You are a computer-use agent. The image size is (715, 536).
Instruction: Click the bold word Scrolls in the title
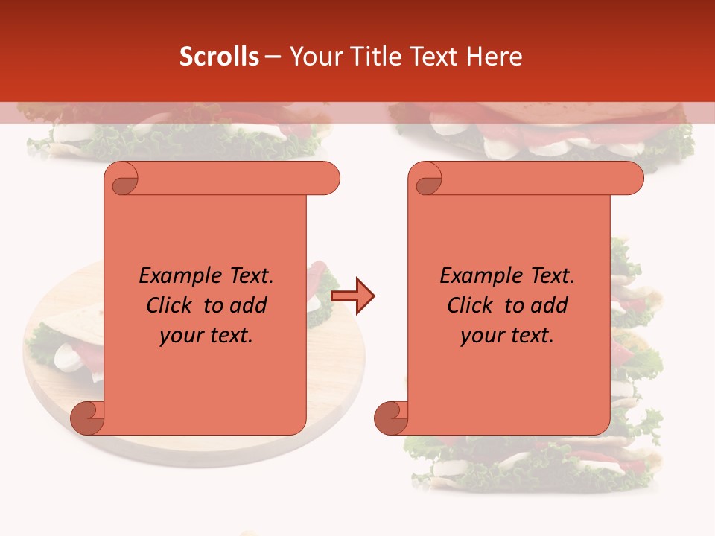point(220,57)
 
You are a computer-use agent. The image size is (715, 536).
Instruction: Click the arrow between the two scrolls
point(353,296)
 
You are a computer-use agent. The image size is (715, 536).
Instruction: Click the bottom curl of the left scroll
point(87,418)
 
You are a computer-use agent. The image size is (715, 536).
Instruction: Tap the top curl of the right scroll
point(426,179)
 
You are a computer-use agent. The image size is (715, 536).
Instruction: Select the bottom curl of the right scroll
point(390,418)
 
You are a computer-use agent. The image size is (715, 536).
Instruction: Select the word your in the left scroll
point(180,336)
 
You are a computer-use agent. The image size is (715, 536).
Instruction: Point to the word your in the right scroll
point(481,336)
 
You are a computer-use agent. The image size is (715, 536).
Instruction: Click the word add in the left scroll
point(248,306)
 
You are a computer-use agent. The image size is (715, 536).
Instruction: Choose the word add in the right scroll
point(549,306)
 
